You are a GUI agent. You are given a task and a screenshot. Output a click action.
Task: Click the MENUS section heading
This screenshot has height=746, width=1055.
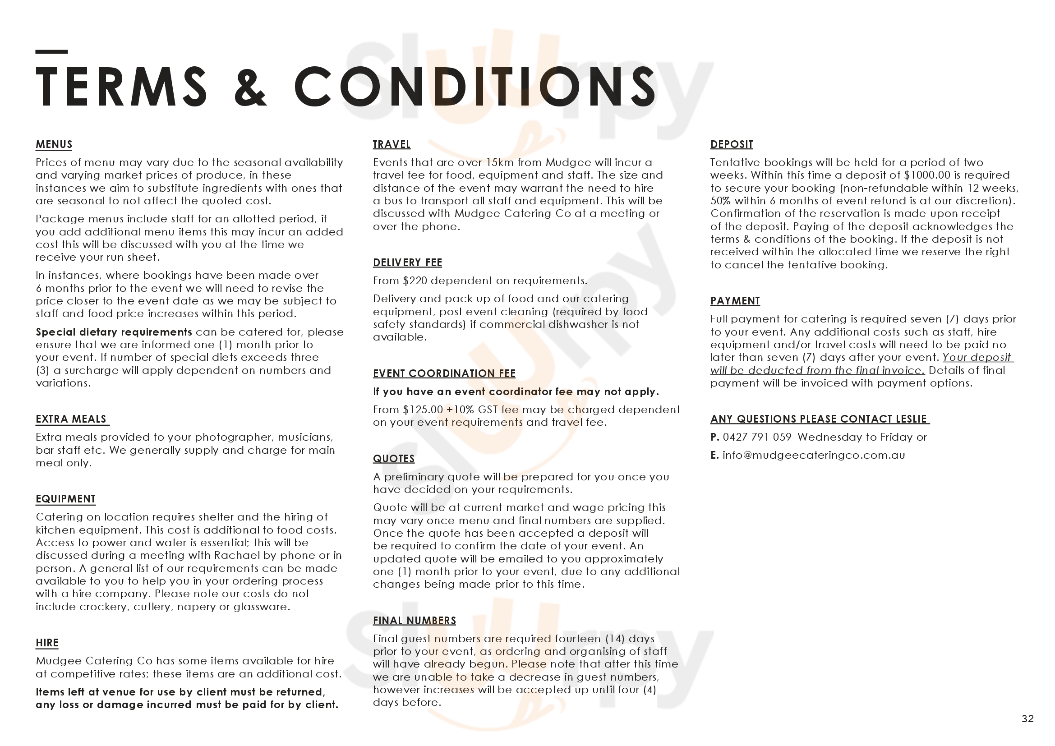tap(54, 144)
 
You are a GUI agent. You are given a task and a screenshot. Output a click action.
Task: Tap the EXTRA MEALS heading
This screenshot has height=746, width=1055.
tap(71, 419)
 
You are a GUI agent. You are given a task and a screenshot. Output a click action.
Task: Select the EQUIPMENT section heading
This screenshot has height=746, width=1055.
tap(66, 499)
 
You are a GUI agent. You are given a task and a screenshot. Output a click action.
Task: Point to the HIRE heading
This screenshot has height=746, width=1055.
tap(47, 643)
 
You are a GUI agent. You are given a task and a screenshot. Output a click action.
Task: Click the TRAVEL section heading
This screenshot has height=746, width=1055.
tap(392, 144)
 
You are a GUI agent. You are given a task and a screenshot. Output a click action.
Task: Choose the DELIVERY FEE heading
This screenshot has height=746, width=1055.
tap(407, 262)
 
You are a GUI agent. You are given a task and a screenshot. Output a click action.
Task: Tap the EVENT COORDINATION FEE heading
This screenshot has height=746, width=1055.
tap(444, 373)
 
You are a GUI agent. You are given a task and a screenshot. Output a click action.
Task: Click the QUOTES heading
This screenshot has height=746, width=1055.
tap(394, 458)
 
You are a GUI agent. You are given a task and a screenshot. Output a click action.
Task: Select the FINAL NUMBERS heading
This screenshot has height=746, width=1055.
tap(415, 621)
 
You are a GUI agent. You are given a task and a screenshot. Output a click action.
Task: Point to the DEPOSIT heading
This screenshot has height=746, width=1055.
tap(732, 144)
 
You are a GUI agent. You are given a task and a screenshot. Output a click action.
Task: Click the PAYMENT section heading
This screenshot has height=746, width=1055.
tap(735, 301)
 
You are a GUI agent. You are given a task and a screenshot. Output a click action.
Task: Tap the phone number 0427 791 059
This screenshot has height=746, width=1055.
tap(757, 437)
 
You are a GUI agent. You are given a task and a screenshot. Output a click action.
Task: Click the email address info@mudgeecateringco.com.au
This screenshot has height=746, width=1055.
tap(813, 455)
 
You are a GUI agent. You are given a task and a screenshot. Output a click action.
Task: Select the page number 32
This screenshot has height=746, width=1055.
tap(1027, 719)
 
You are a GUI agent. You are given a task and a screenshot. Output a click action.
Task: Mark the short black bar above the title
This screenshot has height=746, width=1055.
tap(51, 51)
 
